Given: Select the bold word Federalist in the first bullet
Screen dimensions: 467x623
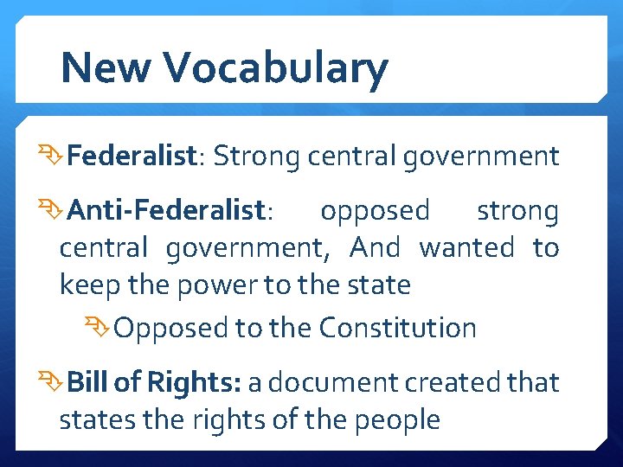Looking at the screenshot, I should (x=132, y=157).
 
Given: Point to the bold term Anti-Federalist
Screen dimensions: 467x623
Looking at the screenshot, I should (x=165, y=210).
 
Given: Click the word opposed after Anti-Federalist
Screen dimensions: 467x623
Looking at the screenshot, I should (x=375, y=211).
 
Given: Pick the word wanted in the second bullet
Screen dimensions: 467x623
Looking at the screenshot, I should (x=466, y=248).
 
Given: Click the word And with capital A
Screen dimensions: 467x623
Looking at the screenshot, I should (x=375, y=248).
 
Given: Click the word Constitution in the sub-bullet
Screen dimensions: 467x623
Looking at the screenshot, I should (x=397, y=329).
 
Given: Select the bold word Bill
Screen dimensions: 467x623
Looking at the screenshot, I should (x=86, y=382).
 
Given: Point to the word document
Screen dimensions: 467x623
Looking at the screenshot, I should (x=335, y=382).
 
